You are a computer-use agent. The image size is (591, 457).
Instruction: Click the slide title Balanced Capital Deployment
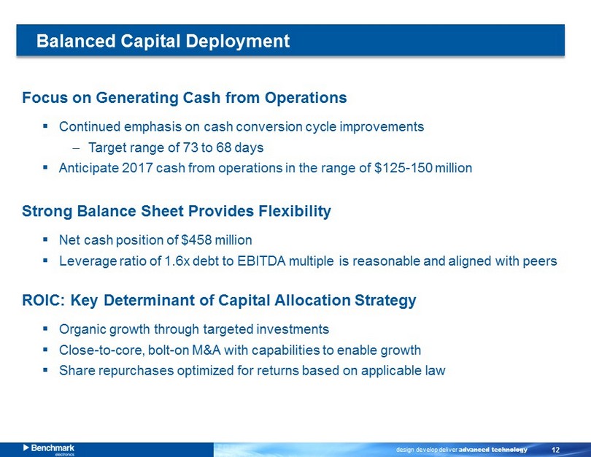pyautogui.click(x=163, y=41)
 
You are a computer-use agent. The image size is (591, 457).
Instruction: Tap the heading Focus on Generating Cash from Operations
pyautogui.click(x=185, y=98)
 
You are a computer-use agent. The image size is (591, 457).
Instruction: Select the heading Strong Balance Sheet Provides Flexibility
pyautogui.click(x=177, y=211)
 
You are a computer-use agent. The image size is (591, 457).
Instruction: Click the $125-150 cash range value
pyautogui.click(x=403, y=168)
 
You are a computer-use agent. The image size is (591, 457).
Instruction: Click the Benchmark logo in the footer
pyautogui.click(x=49, y=449)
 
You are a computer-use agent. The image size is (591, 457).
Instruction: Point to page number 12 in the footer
pyautogui.click(x=555, y=450)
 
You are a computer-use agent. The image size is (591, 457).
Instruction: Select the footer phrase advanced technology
pyautogui.click(x=493, y=450)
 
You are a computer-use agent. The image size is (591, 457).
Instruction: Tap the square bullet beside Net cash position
pyautogui.click(x=45, y=239)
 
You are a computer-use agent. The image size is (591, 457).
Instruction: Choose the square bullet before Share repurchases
pyautogui.click(x=45, y=370)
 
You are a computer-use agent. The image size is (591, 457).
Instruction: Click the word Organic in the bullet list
pyautogui.click(x=82, y=329)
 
